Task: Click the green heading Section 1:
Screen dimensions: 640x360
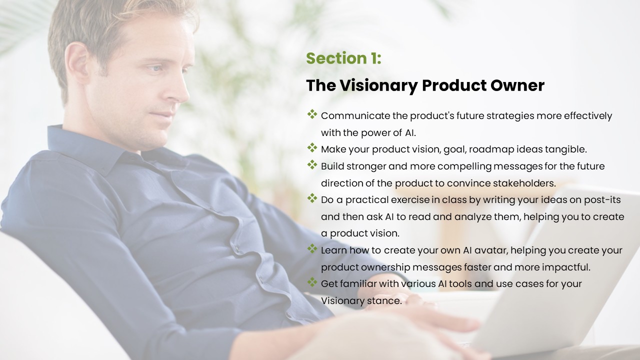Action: (343, 58)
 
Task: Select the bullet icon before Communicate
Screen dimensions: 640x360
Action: (312, 114)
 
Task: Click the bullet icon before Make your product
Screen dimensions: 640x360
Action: (312, 147)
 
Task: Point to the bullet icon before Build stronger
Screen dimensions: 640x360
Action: (312, 164)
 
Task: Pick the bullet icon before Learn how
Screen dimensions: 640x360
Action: (312, 248)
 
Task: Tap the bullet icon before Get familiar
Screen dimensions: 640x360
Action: (312, 282)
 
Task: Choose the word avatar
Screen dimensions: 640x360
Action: (491, 250)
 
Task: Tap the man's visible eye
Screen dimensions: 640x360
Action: (155, 68)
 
